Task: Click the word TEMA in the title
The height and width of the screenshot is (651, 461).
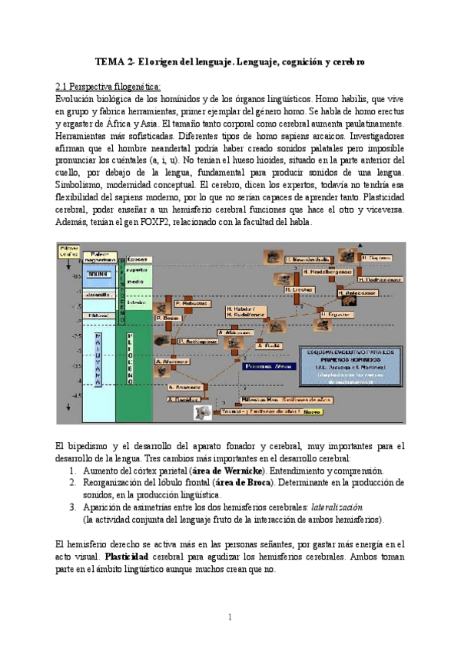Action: coord(108,61)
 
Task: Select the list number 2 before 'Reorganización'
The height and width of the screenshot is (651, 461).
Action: coord(73,482)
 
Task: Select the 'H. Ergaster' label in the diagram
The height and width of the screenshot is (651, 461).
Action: coord(336,314)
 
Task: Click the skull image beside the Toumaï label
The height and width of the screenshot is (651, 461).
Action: coord(203,412)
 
